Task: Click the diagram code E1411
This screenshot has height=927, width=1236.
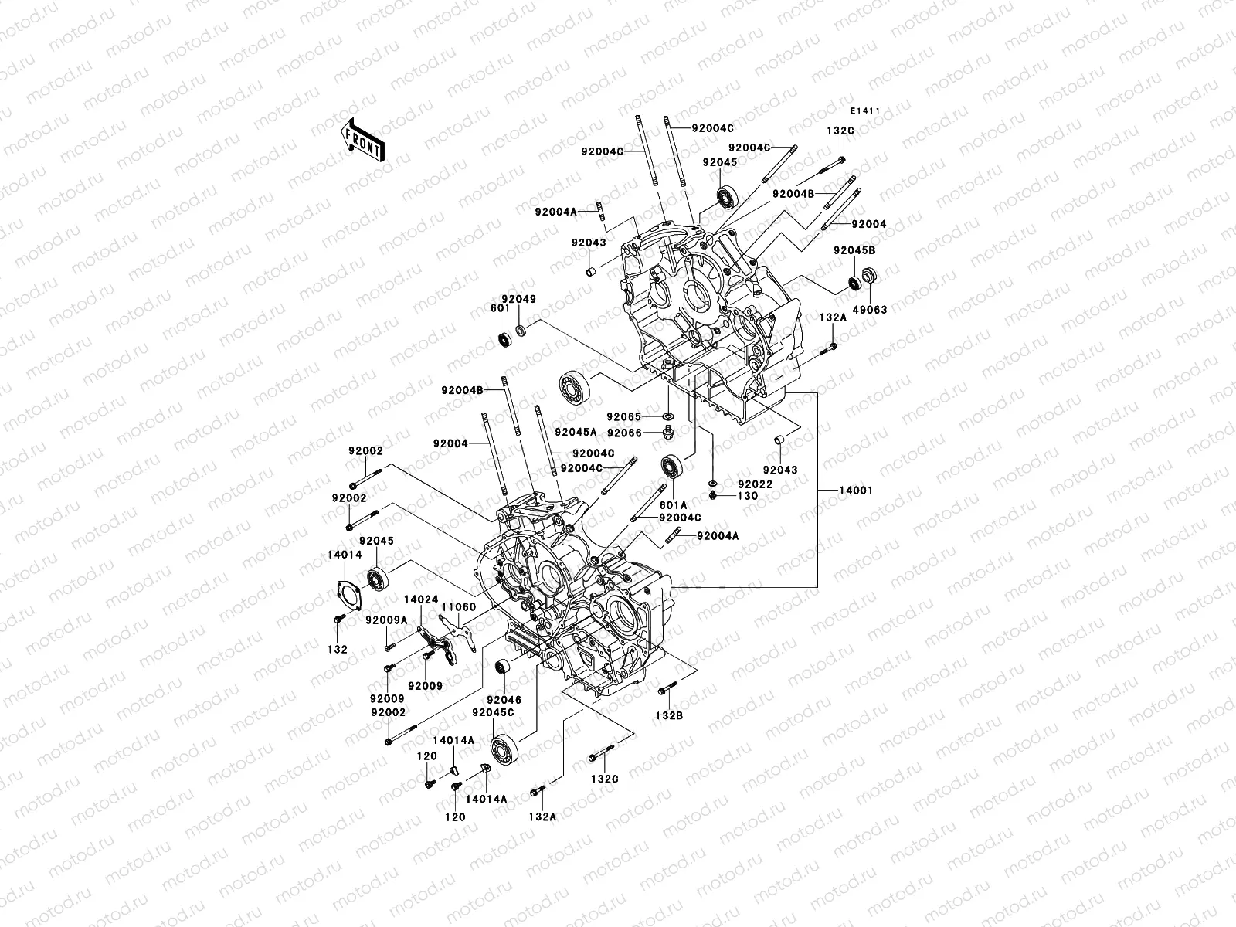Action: click(866, 111)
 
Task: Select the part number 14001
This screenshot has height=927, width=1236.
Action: click(855, 491)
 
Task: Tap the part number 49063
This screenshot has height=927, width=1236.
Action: click(870, 310)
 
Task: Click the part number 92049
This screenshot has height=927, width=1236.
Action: click(518, 299)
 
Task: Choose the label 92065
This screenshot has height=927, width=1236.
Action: click(624, 416)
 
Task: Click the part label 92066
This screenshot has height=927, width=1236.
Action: click(624, 433)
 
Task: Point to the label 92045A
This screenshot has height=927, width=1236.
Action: click(575, 432)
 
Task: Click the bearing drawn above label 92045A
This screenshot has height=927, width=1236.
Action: click(574, 388)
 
